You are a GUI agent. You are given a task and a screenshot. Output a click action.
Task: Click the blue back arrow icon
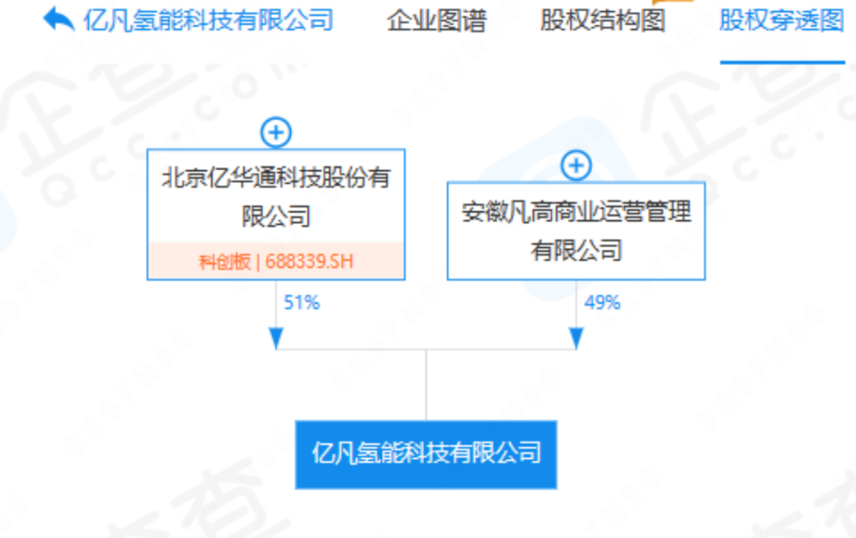point(59,19)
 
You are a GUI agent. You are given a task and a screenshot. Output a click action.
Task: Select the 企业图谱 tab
point(436,21)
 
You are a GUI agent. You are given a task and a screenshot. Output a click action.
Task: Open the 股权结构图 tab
point(602,21)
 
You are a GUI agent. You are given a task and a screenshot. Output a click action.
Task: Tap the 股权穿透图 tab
point(781,21)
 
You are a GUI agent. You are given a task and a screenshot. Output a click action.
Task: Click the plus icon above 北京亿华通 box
point(276,132)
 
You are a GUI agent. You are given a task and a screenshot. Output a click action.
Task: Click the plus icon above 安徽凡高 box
point(576,166)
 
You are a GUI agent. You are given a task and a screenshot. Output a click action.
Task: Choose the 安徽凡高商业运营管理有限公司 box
point(576,231)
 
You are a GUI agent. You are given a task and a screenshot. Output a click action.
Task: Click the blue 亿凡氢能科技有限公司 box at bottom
point(426,454)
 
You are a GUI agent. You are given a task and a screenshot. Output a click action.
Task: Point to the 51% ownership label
point(301,303)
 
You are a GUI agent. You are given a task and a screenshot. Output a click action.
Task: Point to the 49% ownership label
point(602,303)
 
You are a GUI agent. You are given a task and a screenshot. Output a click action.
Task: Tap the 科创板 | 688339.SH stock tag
point(276,261)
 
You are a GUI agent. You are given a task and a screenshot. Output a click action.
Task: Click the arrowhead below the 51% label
point(276,339)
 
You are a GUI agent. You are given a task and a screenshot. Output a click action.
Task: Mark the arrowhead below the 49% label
point(576,339)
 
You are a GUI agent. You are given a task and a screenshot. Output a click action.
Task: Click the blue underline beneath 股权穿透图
point(781,62)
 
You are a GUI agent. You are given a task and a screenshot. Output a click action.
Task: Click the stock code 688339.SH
point(310,261)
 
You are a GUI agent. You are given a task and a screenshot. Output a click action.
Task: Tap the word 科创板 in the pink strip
point(224,261)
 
